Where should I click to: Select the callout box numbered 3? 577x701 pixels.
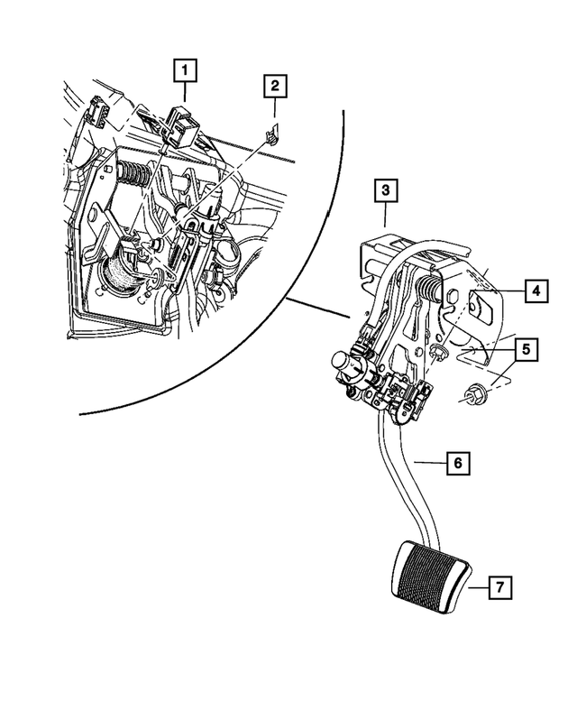coord(385,190)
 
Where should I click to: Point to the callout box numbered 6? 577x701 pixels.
coord(458,463)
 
